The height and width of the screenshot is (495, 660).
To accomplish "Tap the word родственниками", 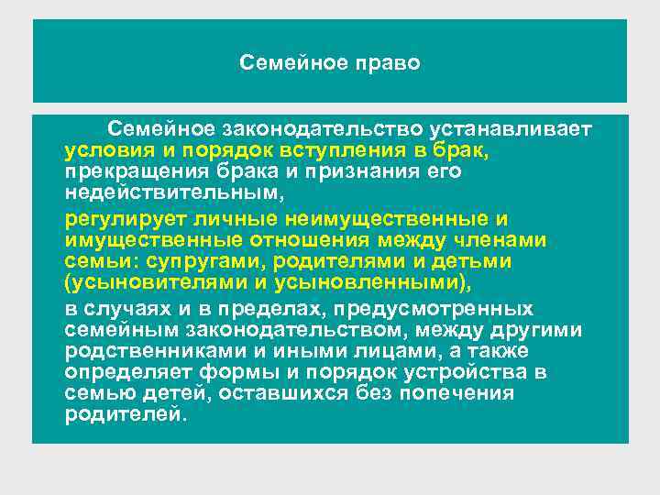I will pos(151,352).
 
